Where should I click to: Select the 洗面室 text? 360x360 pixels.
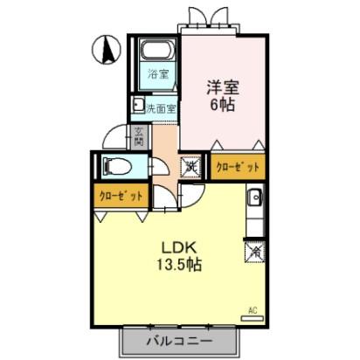pos(161,109)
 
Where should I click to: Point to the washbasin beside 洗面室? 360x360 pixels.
pos(137,107)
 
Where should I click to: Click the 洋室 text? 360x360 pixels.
pos(222,87)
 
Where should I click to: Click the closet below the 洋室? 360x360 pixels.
pos(237,165)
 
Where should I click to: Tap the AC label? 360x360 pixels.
pos(253,309)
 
